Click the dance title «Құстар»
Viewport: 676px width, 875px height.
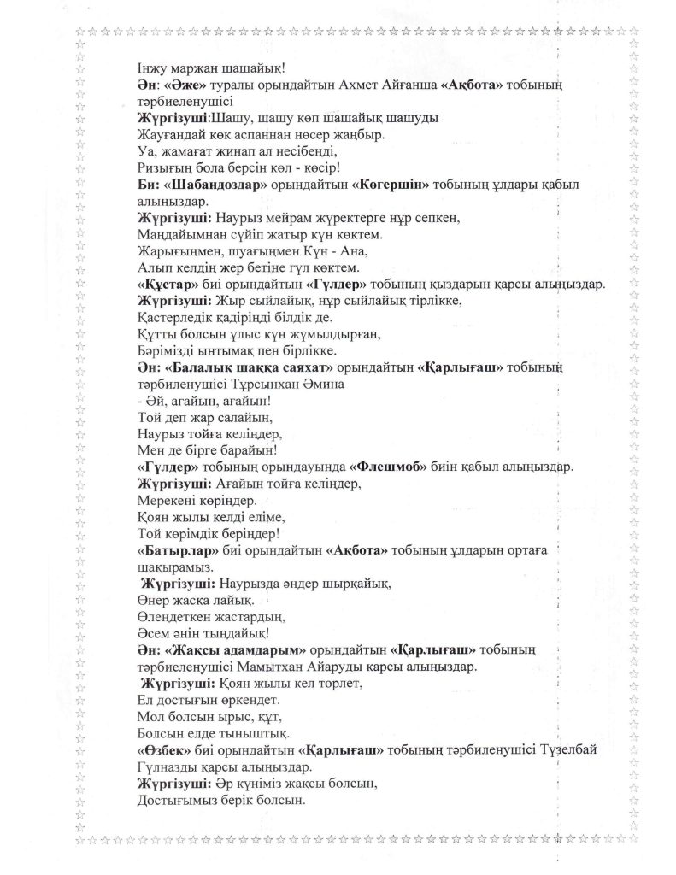click(x=169, y=284)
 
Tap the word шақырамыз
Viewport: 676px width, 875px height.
click(x=176, y=566)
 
